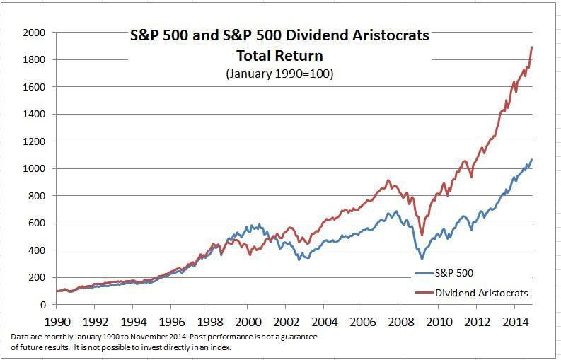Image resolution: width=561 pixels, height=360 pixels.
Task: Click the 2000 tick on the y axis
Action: pyautogui.click(x=34, y=33)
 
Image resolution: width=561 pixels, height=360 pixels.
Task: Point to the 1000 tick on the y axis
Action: pyautogui.click(x=34, y=168)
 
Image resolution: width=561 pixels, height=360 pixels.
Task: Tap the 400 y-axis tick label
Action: pyautogui.click(x=37, y=250)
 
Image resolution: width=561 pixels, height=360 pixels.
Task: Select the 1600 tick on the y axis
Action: pyautogui.click(x=34, y=87)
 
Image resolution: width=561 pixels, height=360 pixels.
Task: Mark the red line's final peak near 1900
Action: pyautogui.click(x=532, y=47)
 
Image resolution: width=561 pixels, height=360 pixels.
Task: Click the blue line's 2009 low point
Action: pyautogui.click(x=422, y=259)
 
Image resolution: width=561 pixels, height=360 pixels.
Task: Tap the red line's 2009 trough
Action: pyautogui.click(x=422, y=235)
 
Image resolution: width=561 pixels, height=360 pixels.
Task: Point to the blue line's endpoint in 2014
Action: pyautogui.click(x=532, y=160)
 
